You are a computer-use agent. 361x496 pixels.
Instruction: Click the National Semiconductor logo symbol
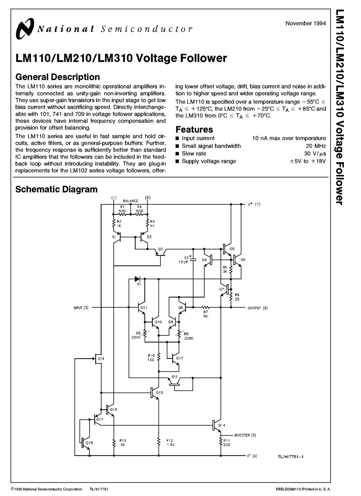[25, 29]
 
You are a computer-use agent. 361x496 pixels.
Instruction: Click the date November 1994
[306, 23]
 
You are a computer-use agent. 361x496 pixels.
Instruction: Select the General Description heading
[58, 77]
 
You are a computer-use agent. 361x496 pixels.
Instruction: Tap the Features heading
[194, 129]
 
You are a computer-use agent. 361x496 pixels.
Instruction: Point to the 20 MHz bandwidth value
[316, 146]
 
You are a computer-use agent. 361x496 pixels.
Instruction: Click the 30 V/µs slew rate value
[315, 154]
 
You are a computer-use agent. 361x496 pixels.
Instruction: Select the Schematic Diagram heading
[56, 189]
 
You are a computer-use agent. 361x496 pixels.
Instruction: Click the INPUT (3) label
[81, 308]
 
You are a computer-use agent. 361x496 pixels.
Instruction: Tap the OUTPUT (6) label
[258, 308]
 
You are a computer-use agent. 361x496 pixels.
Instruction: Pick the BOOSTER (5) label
[245, 435]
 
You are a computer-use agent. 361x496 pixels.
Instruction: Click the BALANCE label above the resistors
[131, 201]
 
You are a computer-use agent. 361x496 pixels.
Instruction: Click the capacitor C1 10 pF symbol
[193, 259]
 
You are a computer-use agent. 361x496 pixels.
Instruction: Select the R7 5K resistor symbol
[205, 307]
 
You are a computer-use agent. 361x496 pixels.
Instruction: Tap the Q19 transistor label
[101, 359]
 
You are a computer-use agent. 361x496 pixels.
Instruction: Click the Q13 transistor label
[174, 377]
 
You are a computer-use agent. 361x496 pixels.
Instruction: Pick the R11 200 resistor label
[226, 442]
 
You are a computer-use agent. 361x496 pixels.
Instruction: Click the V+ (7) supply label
[254, 204]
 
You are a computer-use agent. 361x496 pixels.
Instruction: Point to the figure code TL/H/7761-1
[291, 456]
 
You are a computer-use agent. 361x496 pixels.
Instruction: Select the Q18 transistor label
[89, 443]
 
